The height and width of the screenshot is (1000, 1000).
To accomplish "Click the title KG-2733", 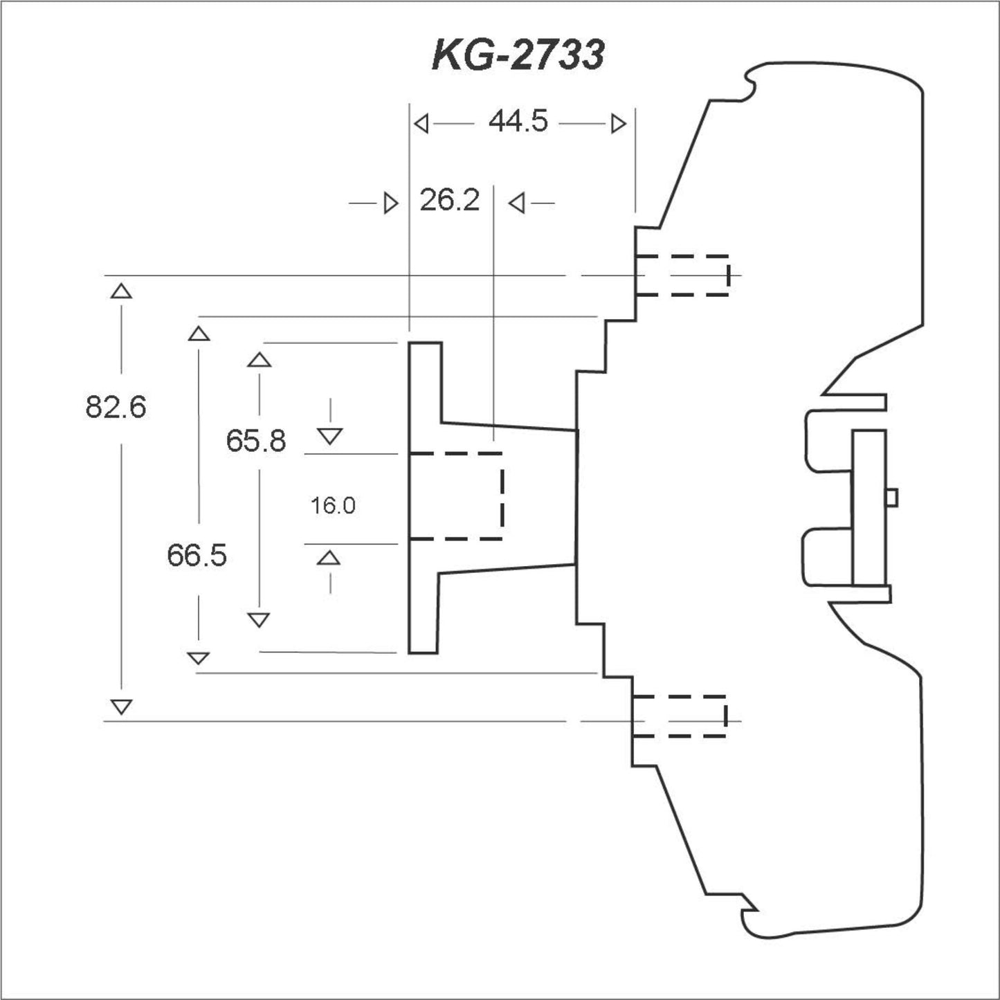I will [518, 55].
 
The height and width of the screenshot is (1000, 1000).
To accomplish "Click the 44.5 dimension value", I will [518, 122].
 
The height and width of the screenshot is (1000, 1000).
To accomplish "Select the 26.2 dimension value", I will [449, 201].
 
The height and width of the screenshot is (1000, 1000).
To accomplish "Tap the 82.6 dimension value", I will [116, 407].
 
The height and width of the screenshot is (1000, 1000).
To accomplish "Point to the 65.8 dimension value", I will [255, 441].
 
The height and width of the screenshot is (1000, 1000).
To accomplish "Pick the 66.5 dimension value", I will [197, 556].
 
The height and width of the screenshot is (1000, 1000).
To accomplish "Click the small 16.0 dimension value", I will [332, 506].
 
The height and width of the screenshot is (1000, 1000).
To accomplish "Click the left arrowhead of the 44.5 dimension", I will [421, 124].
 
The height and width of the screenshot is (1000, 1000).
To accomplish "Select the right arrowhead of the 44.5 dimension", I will [619, 124].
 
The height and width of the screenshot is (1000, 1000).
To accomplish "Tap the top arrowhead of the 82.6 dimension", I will [121, 291].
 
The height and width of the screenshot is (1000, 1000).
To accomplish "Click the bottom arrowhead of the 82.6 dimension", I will [121, 707].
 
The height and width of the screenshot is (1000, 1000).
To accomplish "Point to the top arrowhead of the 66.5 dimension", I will [199, 334].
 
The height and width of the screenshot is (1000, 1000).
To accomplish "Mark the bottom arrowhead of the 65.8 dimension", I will [259, 619].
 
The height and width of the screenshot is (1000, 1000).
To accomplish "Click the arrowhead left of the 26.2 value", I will [391, 203].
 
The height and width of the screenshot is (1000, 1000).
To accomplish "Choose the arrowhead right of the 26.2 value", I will [516, 203].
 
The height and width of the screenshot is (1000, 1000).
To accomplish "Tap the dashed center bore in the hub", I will [456, 496].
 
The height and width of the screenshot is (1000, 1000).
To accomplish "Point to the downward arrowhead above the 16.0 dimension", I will [330, 436].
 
